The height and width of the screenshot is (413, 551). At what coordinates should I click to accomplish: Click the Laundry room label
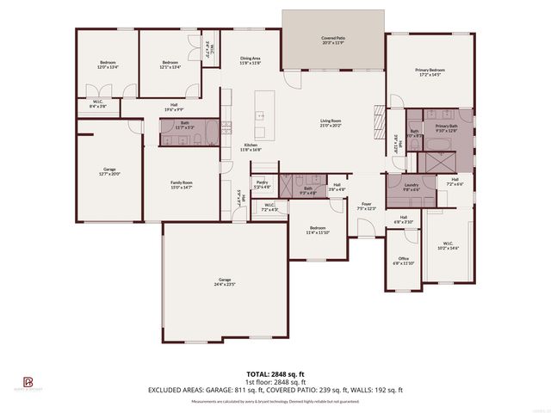pos(412,187)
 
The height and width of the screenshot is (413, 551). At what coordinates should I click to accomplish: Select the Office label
pos(403,261)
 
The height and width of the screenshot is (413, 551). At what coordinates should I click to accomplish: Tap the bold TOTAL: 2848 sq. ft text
pos(275,373)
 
